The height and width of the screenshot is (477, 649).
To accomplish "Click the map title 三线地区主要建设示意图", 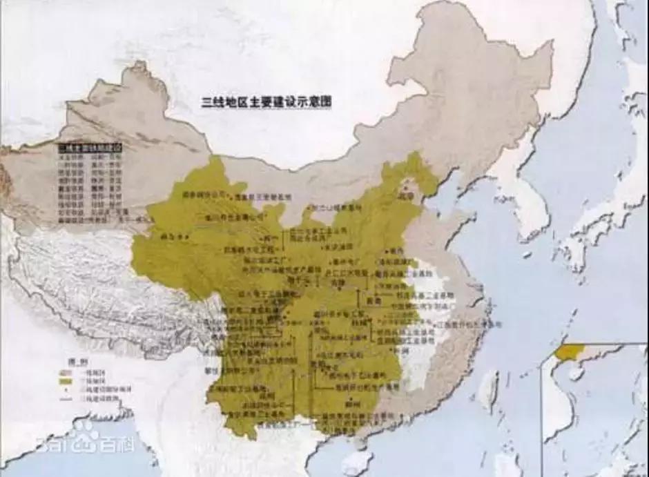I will [x=266, y=101].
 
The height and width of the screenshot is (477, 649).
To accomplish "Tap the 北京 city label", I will [x=413, y=196].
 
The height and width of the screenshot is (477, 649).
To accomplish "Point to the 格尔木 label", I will [x=168, y=236].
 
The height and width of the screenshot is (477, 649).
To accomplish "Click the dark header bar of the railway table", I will [x=89, y=147].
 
